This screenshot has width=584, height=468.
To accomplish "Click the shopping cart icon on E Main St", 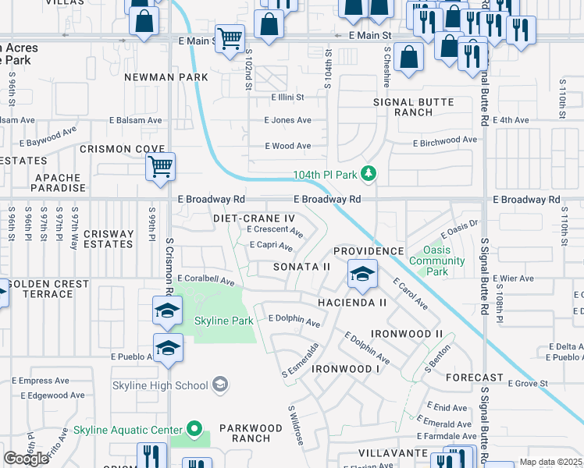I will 230,37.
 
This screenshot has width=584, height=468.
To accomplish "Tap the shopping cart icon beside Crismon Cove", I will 160,166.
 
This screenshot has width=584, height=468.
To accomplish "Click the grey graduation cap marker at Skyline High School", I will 221,384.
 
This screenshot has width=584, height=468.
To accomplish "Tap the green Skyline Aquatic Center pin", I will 194,430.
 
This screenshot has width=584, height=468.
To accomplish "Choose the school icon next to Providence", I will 362,275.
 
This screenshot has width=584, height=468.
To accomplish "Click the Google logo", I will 27,459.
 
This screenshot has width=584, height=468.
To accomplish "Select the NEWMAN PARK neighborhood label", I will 166,77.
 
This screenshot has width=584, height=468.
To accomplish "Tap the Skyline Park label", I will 223,321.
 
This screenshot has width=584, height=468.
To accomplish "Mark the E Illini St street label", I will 287,97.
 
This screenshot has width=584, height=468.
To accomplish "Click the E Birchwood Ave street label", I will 444,140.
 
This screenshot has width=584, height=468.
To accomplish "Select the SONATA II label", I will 301,267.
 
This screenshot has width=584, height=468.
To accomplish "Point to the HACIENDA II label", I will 351,302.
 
